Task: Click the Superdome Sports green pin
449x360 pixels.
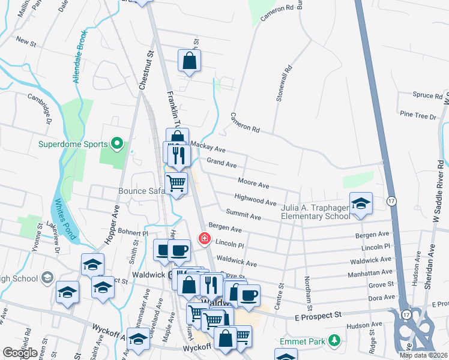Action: [118, 144]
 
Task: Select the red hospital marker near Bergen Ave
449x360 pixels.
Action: [204, 239]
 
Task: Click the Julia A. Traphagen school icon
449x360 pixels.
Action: [360, 203]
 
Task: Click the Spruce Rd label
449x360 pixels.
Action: [427, 94]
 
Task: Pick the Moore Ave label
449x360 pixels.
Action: [253, 183]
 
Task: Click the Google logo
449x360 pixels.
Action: [20, 353]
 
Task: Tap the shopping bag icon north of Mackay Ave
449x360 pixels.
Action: [190, 60]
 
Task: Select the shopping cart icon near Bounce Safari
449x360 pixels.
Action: [176, 182]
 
